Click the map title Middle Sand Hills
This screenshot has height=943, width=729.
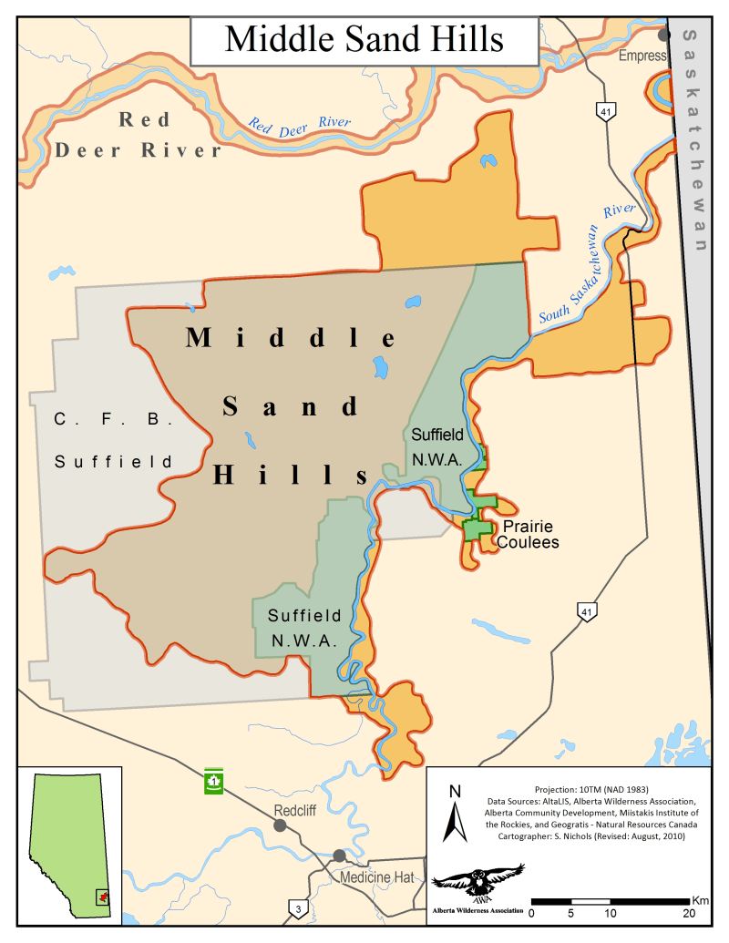(364, 39)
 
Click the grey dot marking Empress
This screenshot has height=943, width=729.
(665, 35)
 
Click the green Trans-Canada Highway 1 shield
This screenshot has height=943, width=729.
(213, 780)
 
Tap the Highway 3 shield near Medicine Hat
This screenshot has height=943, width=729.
(297, 907)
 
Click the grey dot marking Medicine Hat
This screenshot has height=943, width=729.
(340, 856)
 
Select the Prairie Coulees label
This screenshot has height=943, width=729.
(526, 535)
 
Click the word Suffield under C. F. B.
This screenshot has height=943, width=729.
(113, 462)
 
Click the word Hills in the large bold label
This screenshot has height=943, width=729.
(291, 474)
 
